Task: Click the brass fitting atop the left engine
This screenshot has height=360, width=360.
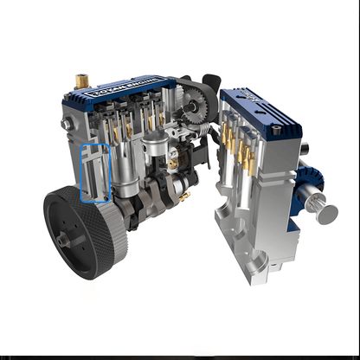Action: tap(82, 80)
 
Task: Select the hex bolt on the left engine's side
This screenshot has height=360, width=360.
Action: tap(65, 125)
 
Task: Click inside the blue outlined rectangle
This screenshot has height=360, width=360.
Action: tap(94, 173)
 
